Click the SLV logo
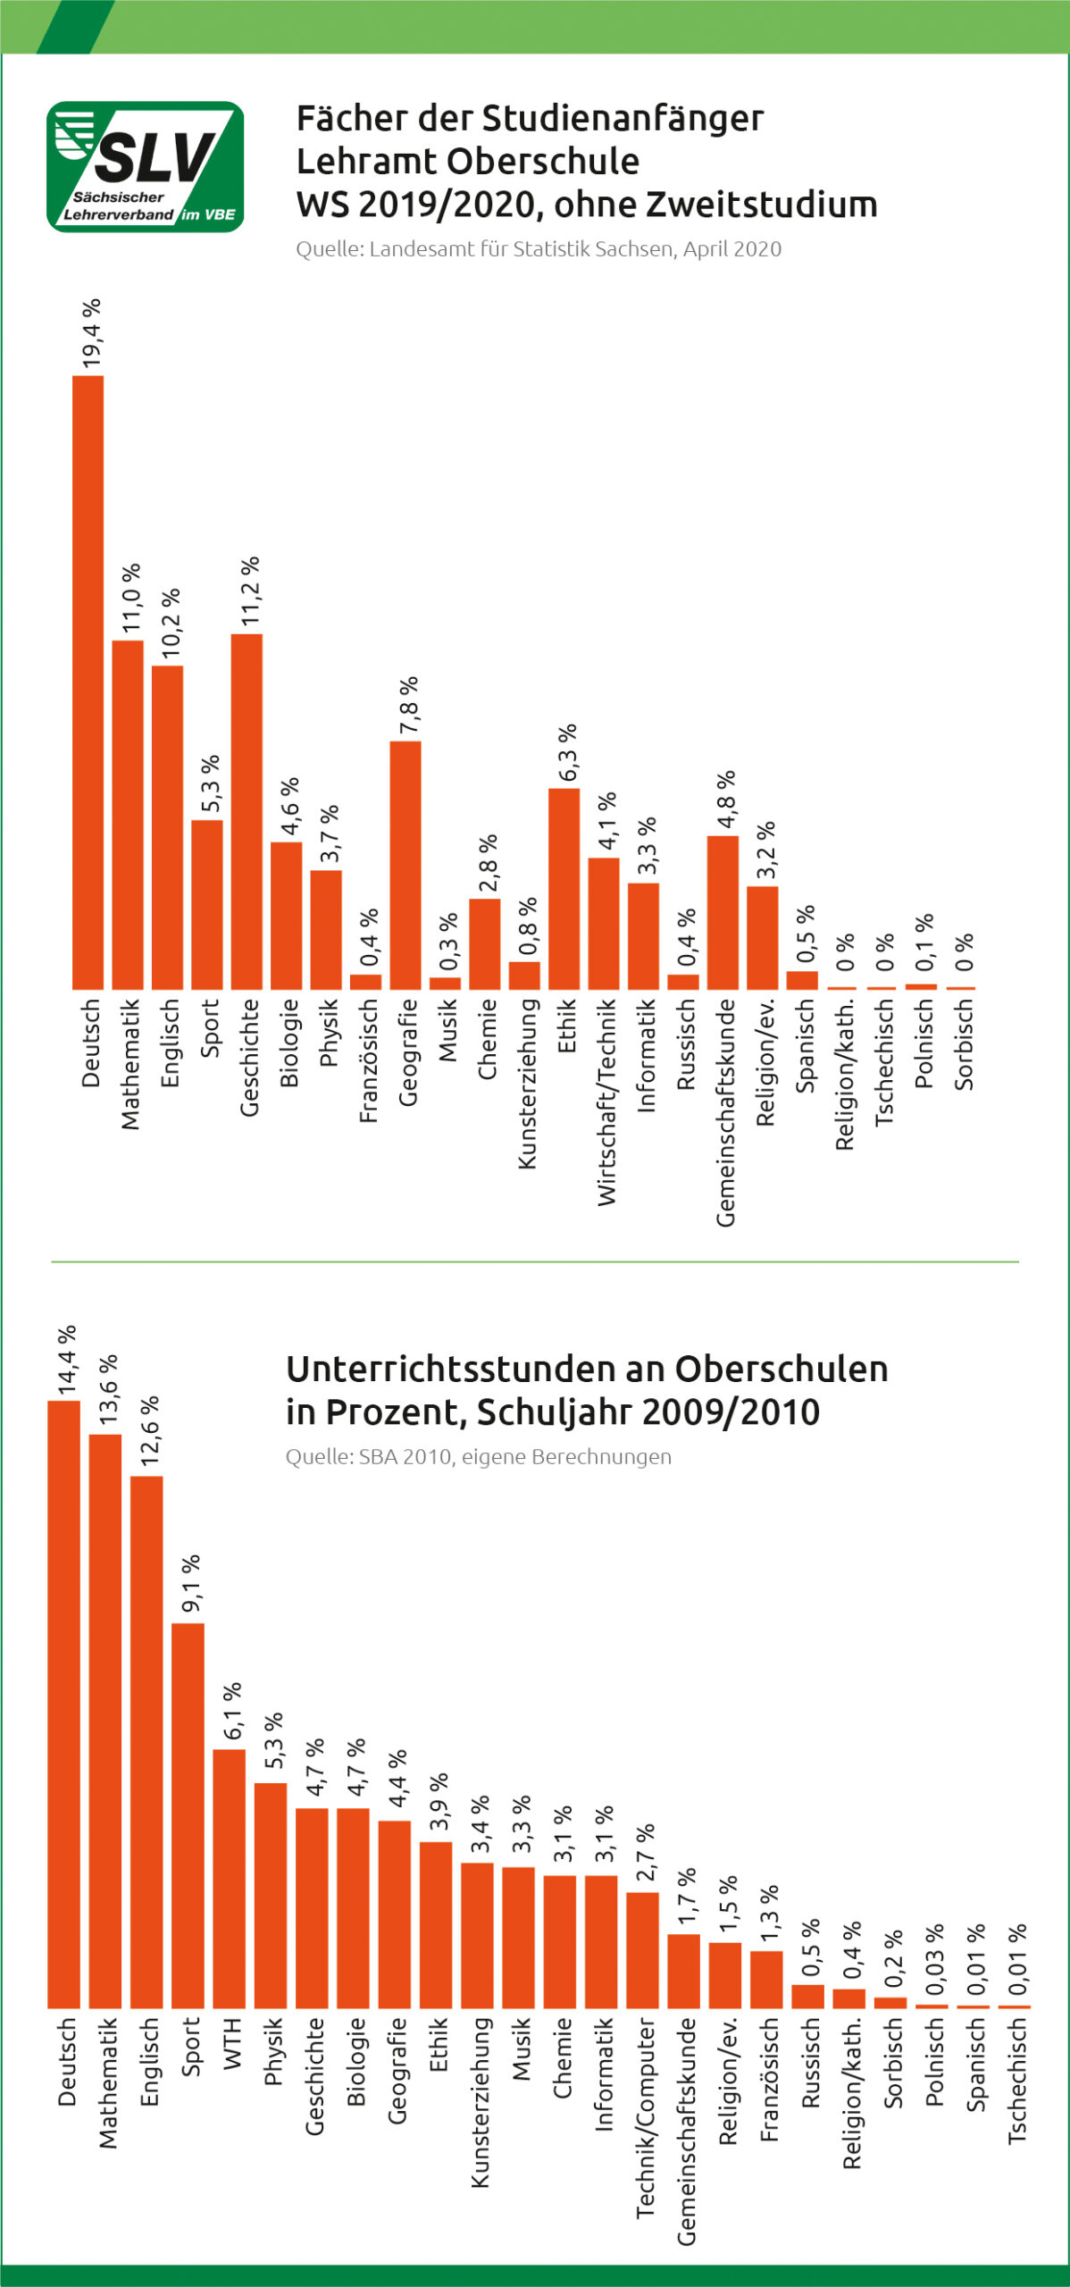pos(145,166)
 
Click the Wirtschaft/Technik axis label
pos(606,1101)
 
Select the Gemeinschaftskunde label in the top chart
pos(725,1111)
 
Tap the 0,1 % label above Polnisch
pos(924,942)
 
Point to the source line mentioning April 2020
pos(539,249)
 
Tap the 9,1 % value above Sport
pos(190,1584)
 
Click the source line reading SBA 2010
pos(478,1457)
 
